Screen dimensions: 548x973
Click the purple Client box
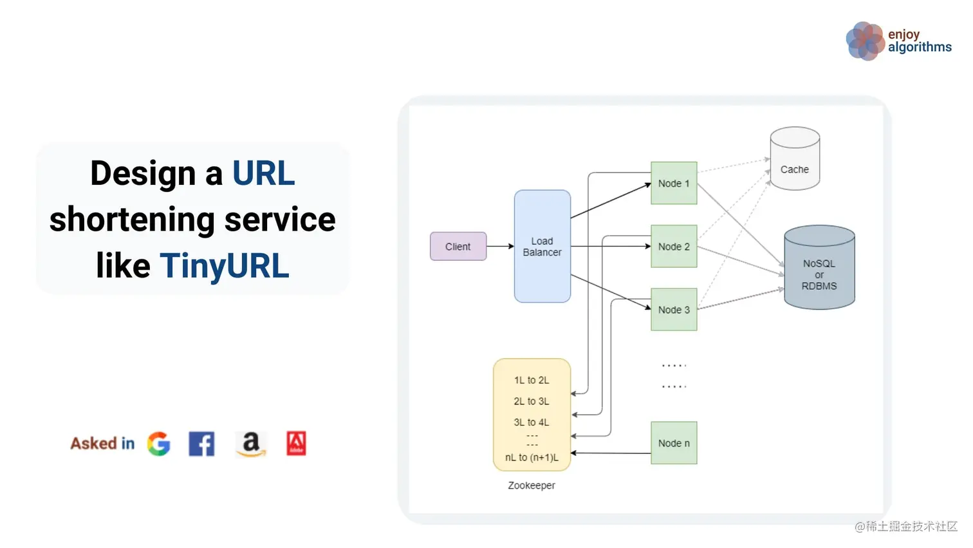pos(458,247)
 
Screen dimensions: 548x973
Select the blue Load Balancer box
pos(542,247)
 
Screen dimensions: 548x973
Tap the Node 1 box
pos(673,184)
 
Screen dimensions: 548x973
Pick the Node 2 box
pos(673,247)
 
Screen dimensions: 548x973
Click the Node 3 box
pos(673,310)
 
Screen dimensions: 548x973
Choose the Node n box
pos(673,443)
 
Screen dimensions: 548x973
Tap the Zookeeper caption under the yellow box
pos(531,486)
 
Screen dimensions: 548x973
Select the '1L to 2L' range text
pos(531,381)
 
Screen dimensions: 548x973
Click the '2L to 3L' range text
pos(531,401)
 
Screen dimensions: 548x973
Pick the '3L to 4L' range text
pos(531,422)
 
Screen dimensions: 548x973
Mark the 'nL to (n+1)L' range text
pos(531,458)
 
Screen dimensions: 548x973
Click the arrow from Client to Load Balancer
pos(500,246)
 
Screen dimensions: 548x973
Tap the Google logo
pos(158,444)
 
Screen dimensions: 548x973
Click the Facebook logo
pos(201,444)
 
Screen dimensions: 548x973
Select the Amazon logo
pos(251,444)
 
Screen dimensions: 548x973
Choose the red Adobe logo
pos(296,444)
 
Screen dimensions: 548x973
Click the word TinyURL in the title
pos(225,266)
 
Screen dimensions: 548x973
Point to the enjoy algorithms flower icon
pos(865,41)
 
